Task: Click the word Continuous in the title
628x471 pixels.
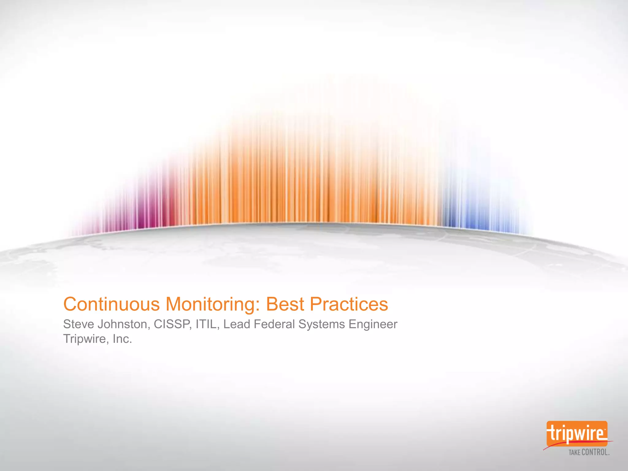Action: coord(111,304)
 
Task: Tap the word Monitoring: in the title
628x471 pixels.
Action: coord(212,304)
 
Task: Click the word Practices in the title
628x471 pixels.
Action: coord(349,304)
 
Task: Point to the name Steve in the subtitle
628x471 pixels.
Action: coord(78,324)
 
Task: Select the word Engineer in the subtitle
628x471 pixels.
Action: coord(373,324)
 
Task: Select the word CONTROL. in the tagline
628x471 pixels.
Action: coord(595,452)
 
